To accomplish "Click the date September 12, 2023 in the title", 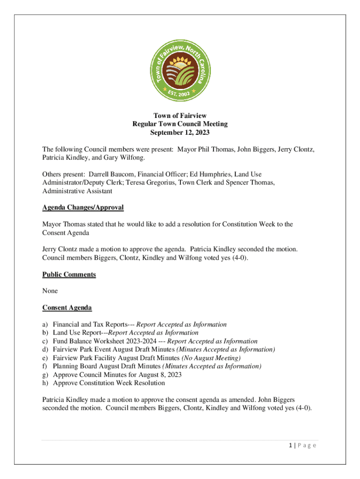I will [x=180, y=132].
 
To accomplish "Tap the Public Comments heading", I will [x=69, y=274].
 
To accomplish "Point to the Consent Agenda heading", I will [x=67, y=308].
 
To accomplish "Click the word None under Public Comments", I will [x=50, y=291].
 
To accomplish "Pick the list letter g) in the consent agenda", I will [x=45, y=375].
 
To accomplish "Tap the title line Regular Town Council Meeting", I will [x=180, y=124].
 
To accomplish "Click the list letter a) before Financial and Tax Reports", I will [x=45, y=324].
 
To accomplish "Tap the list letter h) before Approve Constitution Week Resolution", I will [x=45, y=383].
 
